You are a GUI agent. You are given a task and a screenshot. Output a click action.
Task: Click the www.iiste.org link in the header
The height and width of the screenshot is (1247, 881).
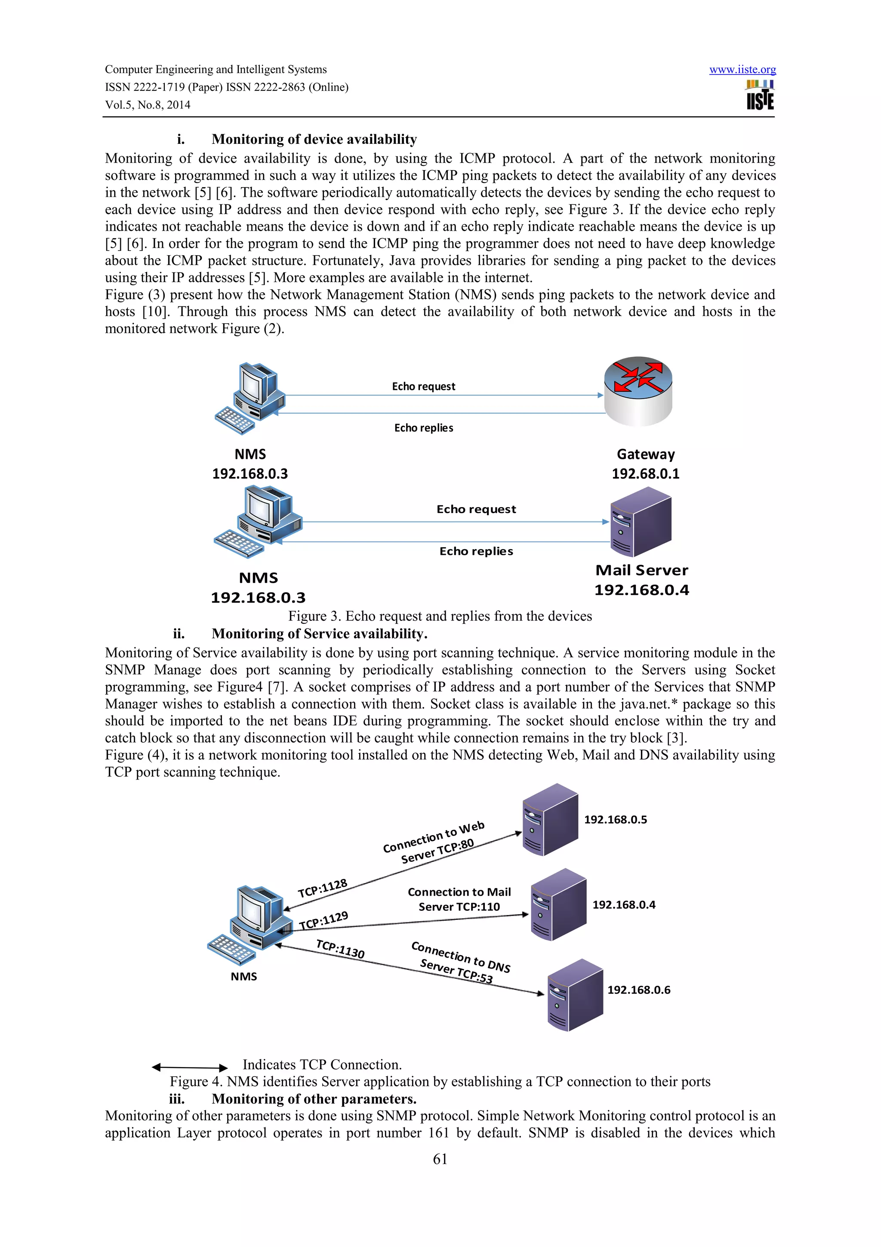[742, 70]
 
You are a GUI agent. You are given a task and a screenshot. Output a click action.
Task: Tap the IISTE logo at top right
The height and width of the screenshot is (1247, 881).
[760, 95]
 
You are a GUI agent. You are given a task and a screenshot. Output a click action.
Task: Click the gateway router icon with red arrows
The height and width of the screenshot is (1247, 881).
[638, 390]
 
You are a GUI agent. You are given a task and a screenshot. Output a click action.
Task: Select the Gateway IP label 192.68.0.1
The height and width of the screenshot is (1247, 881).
[645, 473]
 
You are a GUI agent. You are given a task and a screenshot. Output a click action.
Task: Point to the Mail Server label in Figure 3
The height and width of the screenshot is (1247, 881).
[642, 570]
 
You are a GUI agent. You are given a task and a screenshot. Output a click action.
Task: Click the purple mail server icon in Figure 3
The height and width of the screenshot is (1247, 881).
[641, 521]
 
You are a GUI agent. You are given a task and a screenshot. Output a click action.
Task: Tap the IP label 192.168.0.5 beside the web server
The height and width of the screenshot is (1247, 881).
[615, 820]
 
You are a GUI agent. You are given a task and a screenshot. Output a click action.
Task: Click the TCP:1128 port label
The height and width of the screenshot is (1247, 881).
[323, 888]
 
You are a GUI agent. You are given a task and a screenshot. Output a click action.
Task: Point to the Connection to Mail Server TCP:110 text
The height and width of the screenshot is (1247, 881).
[459, 899]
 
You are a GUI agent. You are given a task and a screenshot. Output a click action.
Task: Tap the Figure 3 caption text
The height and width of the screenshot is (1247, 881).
[440, 616]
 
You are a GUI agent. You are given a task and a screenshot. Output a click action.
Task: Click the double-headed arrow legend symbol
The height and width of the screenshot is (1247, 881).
[189, 1067]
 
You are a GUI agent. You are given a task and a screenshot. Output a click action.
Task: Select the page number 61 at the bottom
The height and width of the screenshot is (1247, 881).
[440, 1159]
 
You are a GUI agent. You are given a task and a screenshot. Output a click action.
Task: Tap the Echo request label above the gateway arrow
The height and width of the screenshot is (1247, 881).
[423, 386]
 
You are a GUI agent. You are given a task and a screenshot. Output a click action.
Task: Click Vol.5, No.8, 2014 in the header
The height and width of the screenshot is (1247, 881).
[148, 105]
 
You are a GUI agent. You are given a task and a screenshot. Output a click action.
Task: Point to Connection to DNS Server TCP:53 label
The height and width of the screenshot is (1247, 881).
[460, 963]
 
